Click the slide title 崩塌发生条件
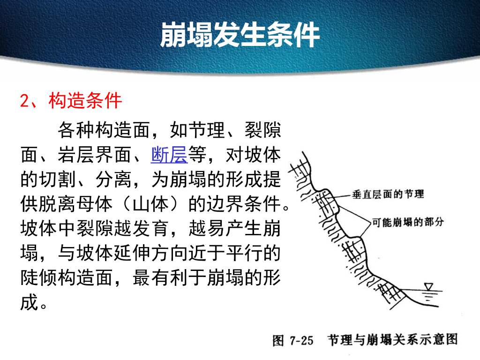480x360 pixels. (x=240, y=35)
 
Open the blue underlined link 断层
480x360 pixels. (x=169, y=155)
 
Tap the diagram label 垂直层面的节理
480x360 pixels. (x=388, y=194)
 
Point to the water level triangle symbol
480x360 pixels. (x=427, y=287)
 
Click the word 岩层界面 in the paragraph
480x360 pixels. (x=104, y=155)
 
